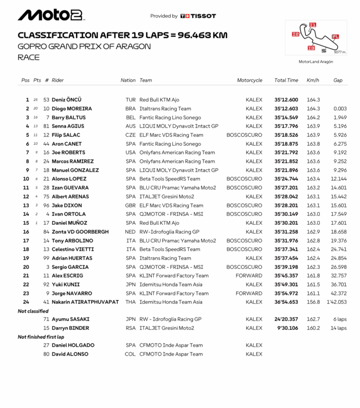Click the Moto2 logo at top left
[x=50, y=15]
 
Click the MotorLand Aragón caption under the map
[x=316, y=62]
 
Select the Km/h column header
[x=313, y=80]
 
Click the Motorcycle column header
[x=249, y=80]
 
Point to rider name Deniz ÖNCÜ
[x=66, y=100]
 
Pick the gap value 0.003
[x=340, y=109]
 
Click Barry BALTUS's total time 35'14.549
[x=286, y=118]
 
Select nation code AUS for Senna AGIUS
[x=130, y=126]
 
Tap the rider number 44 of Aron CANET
[x=46, y=144]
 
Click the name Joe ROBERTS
[x=68, y=152]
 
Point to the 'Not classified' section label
[x=33, y=311]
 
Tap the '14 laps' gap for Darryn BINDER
[x=338, y=328]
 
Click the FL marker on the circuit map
[x=335, y=36]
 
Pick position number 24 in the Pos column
[x=26, y=302]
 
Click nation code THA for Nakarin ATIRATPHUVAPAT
[x=130, y=302]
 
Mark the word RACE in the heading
[x=29, y=57]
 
